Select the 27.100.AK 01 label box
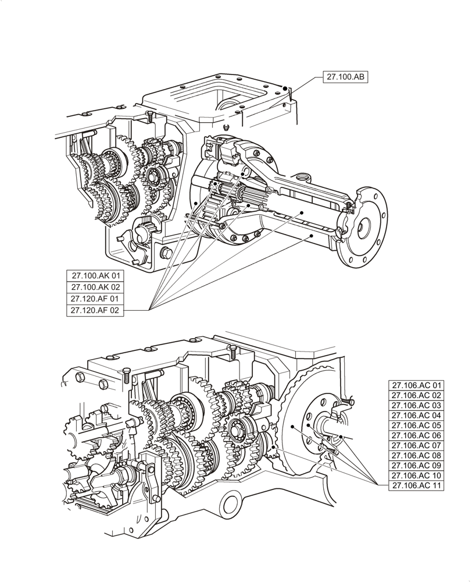coord(95,276)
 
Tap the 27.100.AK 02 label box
coord(95,288)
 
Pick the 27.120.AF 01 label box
coord(95,299)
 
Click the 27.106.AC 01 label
coord(417,385)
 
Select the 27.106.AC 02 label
coord(417,395)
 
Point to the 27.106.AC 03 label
coord(417,405)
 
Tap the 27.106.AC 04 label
coord(417,416)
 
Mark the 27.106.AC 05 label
coord(417,425)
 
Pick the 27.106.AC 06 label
coord(417,435)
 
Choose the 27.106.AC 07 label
coord(417,445)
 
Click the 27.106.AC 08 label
coord(417,455)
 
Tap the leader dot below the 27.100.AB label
coord(285,88)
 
